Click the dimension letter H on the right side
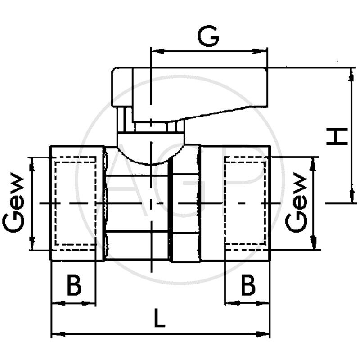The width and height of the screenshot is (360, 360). pyautogui.click(x=337, y=136)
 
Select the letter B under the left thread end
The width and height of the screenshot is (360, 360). pyautogui.click(x=74, y=285)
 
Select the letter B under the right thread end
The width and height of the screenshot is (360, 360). pyautogui.click(x=248, y=285)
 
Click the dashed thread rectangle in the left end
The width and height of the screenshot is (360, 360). pyautogui.click(x=75, y=203)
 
